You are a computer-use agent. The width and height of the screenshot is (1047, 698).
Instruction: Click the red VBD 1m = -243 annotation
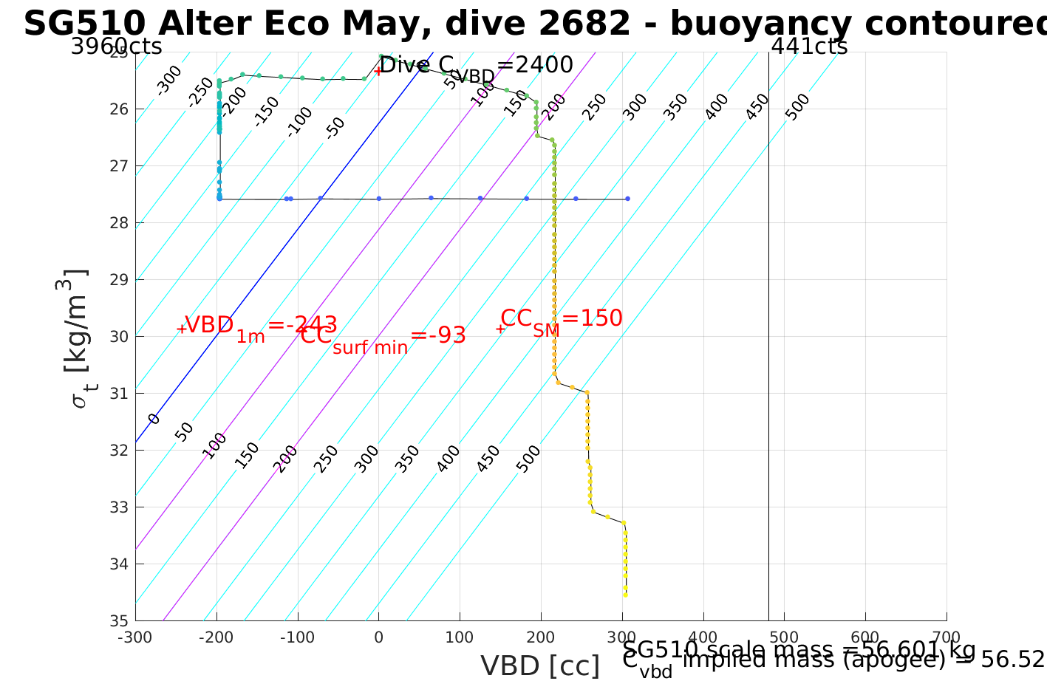[x=260, y=326]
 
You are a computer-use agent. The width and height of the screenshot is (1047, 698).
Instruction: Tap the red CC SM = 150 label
[x=562, y=320]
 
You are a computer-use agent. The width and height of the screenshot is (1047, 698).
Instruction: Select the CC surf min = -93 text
[x=383, y=337]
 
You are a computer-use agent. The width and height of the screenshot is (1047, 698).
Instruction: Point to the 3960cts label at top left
[x=116, y=47]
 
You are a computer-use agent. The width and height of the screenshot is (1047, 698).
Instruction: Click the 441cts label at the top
[x=809, y=47]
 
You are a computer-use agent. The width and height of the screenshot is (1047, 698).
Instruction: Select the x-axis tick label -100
[x=297, y=637]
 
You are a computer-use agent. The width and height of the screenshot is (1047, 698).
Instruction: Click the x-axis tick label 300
[x=622, y=637]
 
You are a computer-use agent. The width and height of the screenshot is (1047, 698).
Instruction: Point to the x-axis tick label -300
[x=134, y=637]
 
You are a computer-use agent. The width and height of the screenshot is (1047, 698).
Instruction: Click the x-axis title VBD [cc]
[x=540, y=666]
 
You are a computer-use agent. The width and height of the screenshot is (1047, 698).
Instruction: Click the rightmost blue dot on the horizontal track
[x=627, y=199]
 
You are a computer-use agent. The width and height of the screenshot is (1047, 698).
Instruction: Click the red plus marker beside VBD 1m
[x=181, y=329]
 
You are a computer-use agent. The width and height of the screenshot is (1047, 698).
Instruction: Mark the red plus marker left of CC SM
[x=500, y=329]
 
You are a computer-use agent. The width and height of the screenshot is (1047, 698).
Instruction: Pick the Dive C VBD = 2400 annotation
[x=476, y=66]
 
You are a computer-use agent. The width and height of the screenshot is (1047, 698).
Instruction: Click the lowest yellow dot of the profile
[x=625, y=595]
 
